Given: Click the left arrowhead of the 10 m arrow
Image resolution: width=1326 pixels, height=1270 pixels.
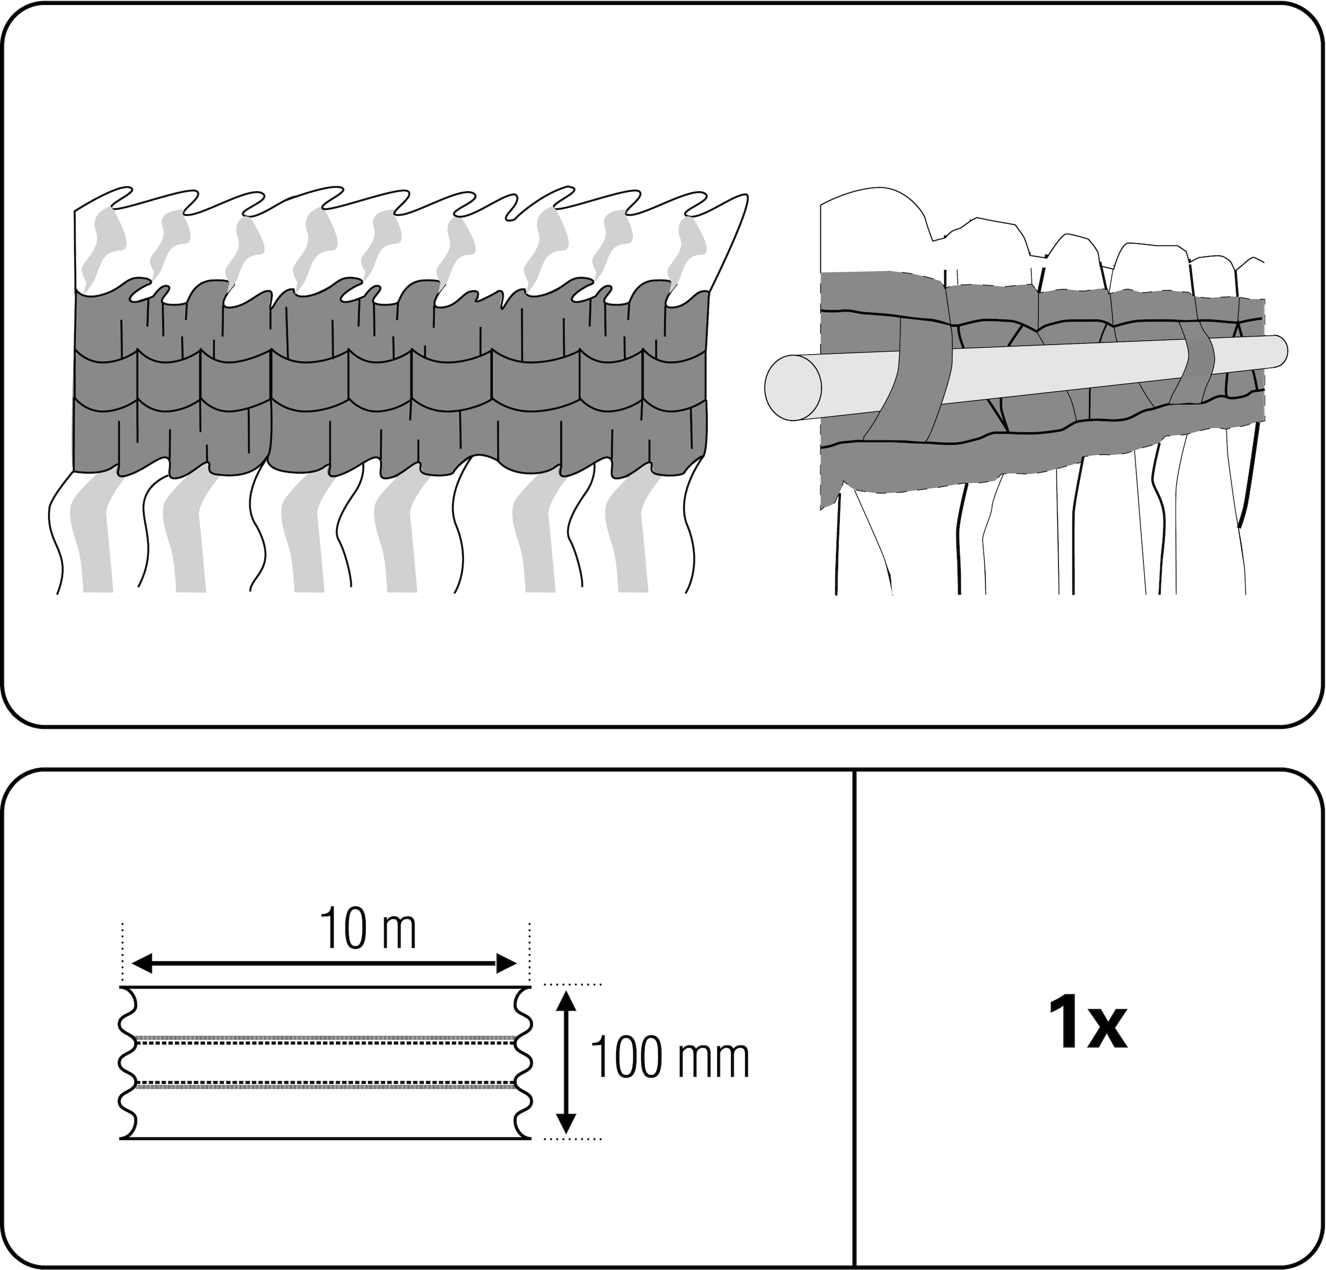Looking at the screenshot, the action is click(x=142, y=963).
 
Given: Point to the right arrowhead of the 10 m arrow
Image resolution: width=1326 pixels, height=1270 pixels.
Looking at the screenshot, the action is click(x=507, y=963).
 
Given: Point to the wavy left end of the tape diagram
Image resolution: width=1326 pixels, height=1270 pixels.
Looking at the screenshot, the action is click(x=129, y=1062).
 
